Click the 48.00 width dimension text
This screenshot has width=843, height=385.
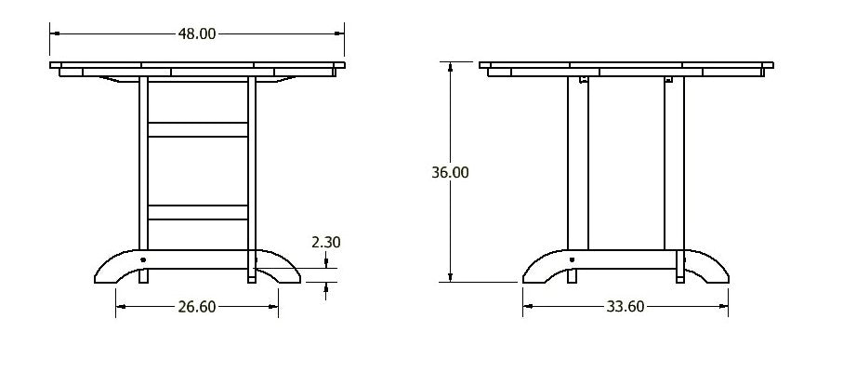[x=196, y=33]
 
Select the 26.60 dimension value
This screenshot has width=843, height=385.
[x=196, y=307]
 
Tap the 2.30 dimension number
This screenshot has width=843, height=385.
[x=326, y=242]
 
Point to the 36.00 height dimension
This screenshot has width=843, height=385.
[x=450, y=172]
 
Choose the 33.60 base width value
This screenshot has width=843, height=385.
[x=625, y=307]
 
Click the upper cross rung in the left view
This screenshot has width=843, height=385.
[x=197, y=129]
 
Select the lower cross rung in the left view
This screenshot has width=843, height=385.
[x=197, y=212]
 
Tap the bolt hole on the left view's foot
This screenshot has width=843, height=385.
[x=143, y=259]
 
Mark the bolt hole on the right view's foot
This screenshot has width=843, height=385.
[x=572, y=259]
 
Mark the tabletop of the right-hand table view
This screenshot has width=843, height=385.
[x=626, y=67]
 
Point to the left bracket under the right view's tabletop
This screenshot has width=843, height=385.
[x=584, y=81]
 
